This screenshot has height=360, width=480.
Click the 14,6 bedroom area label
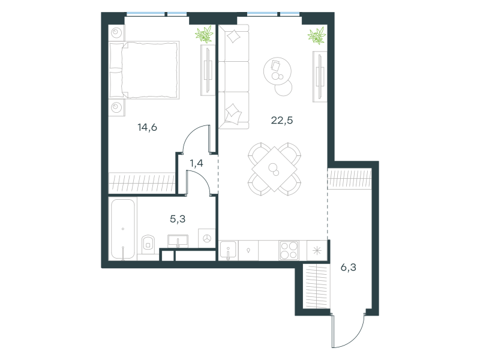click(x=147, y=127)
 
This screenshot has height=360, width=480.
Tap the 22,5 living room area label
click(x=281, y=120)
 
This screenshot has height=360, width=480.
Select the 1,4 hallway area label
click(x=196, y=163)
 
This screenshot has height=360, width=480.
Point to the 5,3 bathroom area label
click(x=178, y=219)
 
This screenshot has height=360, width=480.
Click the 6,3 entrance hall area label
click(x=349, y=267)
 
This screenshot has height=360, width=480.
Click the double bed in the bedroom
click(x=144, y=70)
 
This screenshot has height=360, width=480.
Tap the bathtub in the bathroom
click(x=123, y=229)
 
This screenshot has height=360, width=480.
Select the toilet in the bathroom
click(x=148, y=244)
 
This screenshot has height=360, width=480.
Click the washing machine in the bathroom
click(x=207, y=238)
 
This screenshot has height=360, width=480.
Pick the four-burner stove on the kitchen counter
click(x=289, y=250)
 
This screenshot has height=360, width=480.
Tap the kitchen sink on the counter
click(x=229, y=250)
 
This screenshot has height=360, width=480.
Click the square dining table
click(x=274, y=169)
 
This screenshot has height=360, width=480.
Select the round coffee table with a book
click(x=277, y=71)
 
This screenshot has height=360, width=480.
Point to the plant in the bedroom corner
click(x=204, y=34)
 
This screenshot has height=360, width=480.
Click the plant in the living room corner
click(x=317, y=35)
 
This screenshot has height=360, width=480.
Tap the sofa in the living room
click(x=233, y=77)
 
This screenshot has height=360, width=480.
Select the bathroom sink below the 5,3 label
click(x=178, y=241)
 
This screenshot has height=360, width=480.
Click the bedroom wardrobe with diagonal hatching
click(x=142, y=183)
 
